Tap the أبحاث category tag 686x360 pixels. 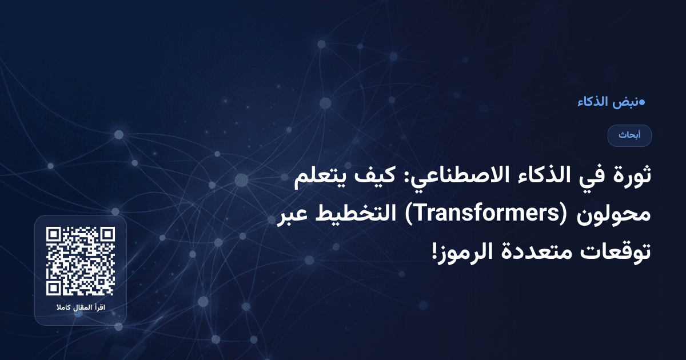point(629,135)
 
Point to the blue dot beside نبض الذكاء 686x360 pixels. point(641,102)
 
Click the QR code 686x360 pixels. point(81,261)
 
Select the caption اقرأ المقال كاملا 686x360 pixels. point(81,309)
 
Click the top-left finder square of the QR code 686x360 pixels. point(54,235)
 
